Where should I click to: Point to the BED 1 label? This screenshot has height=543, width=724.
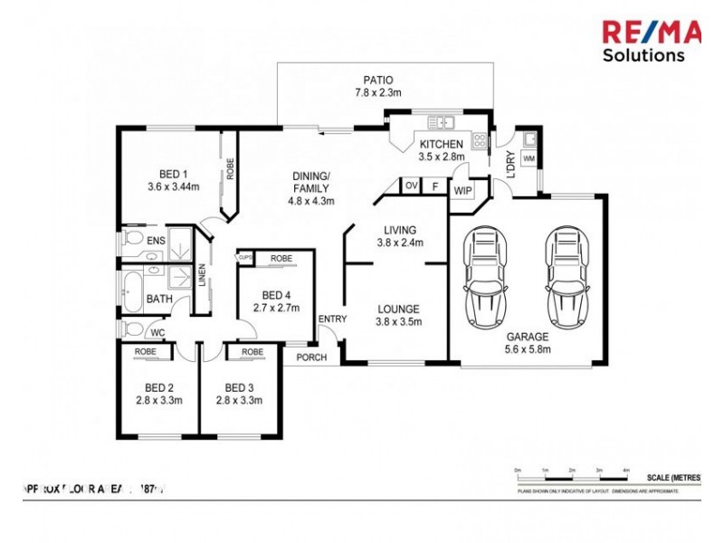coord(173,175)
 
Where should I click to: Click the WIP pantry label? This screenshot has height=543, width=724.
coord(462,191)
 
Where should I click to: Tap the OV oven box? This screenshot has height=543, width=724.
coord(411,186)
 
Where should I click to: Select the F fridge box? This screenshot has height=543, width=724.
coord(435,186)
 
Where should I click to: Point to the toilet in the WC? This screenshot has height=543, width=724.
coord(132,329)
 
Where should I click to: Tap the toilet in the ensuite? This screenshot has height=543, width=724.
coord(134,241)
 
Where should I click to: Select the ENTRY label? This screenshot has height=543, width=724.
coord(332,318)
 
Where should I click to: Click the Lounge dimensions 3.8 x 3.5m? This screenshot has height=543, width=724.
coord(398,321)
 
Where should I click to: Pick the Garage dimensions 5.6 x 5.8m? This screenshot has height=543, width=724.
coord(528,348)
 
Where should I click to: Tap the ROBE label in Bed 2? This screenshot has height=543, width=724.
coord(145,351)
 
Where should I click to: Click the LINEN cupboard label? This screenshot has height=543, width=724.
coord(202,280)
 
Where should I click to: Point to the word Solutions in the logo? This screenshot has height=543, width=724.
coord(643,55)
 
